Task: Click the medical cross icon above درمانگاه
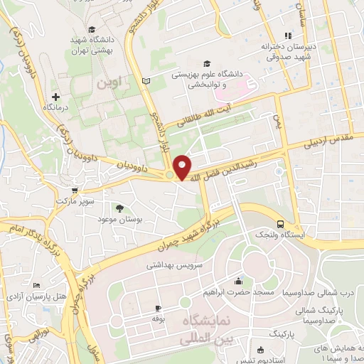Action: [55, 96]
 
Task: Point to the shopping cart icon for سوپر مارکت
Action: [75, 191]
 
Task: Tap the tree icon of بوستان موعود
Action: [119, 208]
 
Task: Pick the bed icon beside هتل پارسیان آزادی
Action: [36, 285]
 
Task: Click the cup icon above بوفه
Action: [158, 309]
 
